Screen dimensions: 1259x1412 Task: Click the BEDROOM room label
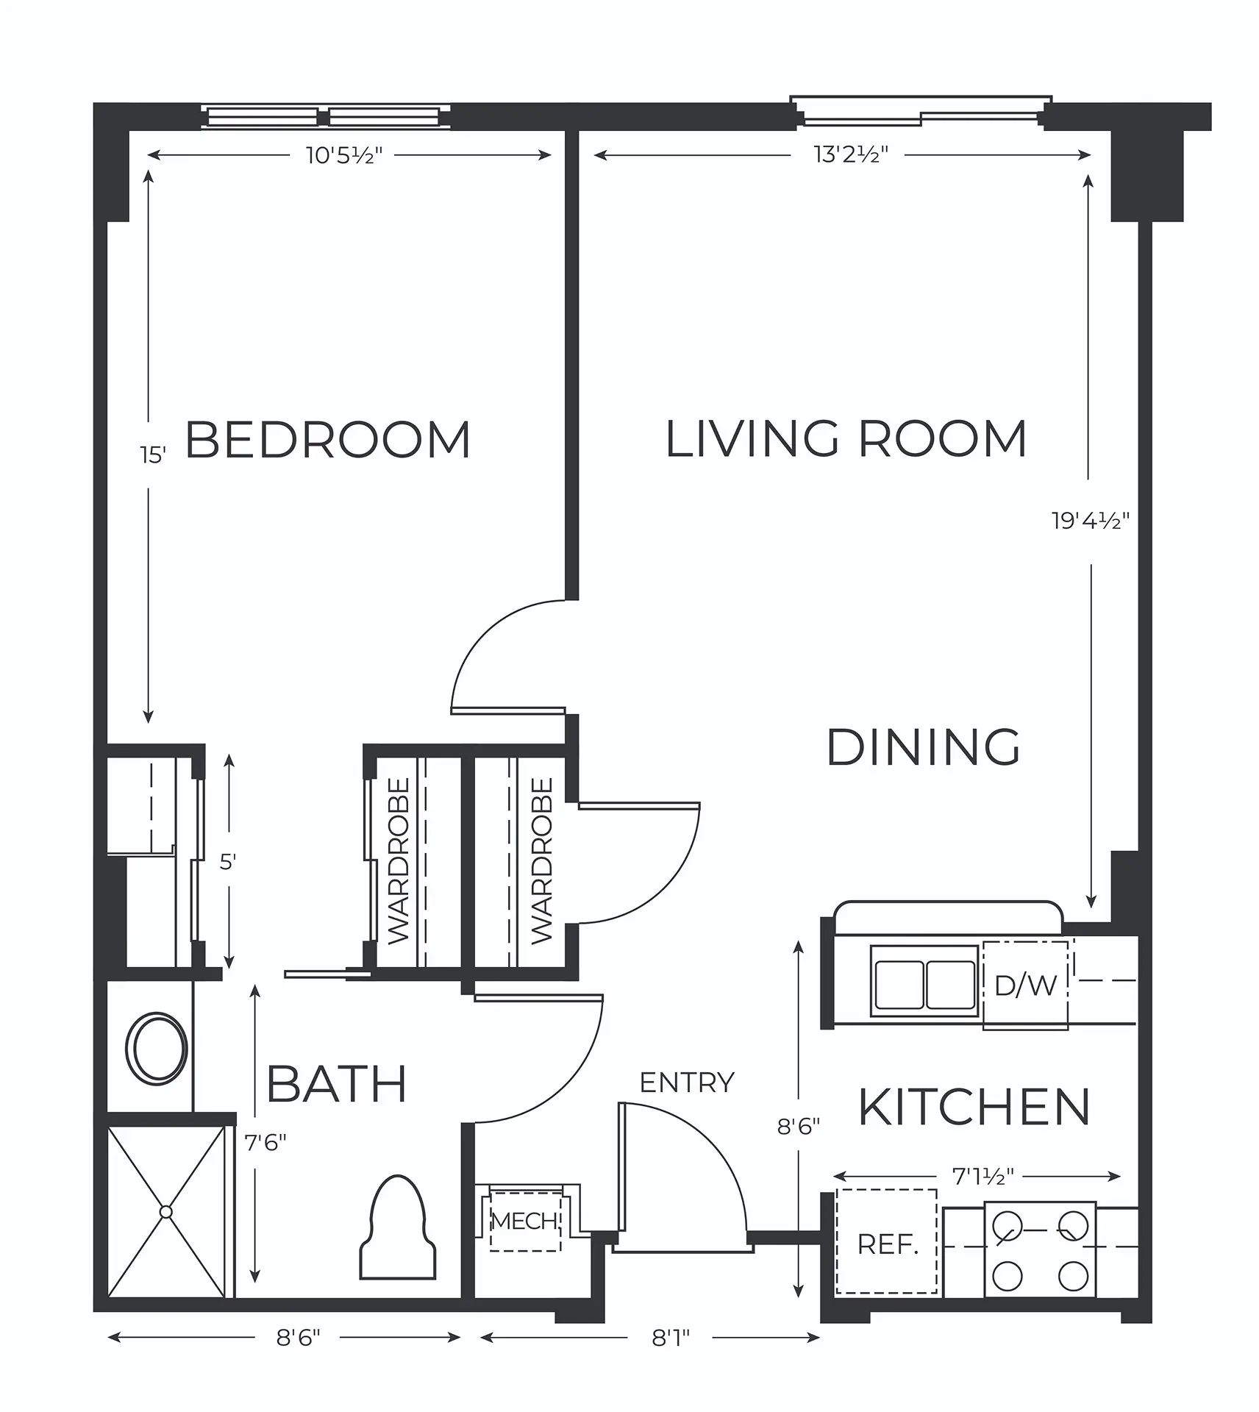click(327, 440)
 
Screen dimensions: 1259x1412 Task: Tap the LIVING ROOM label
click(846, 439)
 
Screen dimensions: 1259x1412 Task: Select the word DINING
click(924, 747)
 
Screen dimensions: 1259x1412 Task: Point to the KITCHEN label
click(974, 1108)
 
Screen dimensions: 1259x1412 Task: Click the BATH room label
click(337, 1084)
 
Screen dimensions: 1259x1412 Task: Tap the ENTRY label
click(687, 1083)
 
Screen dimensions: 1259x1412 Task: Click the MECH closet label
click(524, 1222)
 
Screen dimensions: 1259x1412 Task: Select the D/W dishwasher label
click(1026, 985)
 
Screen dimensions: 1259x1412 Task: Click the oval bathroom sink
click(156, 1048)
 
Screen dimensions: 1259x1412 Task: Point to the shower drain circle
click(166, 1211)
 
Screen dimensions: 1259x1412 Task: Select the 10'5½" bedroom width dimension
click(344, 155)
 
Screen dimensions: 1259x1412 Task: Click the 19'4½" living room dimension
click(1090, 521)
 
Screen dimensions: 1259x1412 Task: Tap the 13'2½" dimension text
click(851, 154)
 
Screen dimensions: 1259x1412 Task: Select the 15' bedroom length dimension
click(153, 455)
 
